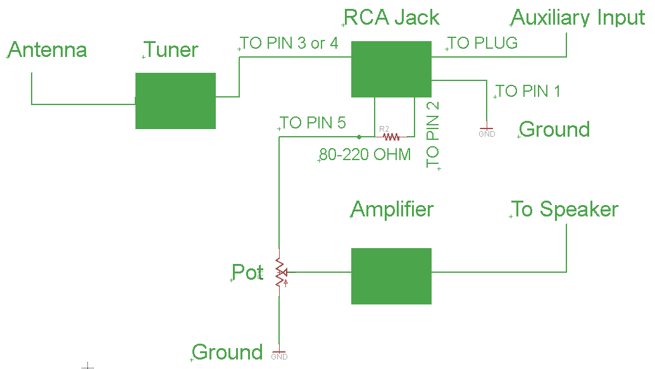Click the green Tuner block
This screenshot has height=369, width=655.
tap(175, 101)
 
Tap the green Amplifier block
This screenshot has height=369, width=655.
tap(391, 276)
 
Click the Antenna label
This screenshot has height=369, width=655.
tap(47, 50)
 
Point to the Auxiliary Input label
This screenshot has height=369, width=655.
tap(578, 18)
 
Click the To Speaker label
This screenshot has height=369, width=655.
tap(565, 210)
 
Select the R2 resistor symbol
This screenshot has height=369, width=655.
tap(389, 136)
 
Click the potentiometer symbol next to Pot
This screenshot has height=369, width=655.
tap(279, 273)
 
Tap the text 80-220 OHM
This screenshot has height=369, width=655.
tap(365, 154)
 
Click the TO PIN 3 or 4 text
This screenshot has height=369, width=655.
tap(289, 43)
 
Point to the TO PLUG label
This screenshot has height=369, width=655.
tap(483, 43)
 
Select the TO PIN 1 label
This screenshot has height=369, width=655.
tap(528, 91)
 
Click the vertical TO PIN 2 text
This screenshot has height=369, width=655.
tap(433, 135)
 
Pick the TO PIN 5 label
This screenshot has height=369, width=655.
tap(313, 123)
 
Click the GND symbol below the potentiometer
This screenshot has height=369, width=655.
tap(278, 353)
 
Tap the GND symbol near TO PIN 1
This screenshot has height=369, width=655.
tap(487, 131)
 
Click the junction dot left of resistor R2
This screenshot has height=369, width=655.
tap(359, 136)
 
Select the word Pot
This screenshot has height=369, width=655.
tap(247, 272)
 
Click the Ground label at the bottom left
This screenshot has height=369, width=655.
tap(227, 353)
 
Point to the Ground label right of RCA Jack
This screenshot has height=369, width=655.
tap(554, 130)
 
